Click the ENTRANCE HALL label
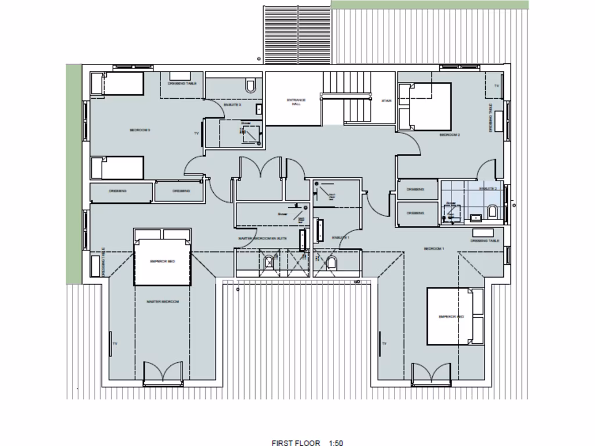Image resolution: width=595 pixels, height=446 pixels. [x=296, y=102]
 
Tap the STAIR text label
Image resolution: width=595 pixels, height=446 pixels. [x=386, y=100]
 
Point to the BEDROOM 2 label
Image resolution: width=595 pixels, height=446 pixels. [x=450, y=135]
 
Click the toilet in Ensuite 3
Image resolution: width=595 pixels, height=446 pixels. [x=250, y=87]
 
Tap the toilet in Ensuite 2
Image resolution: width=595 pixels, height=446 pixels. [x=493, y=212]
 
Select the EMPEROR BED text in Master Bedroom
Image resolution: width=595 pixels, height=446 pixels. [x=163, y=262]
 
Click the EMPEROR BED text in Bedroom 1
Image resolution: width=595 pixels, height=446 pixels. [x=451, y=316]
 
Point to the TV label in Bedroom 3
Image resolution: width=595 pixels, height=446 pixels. [x=196, y=133]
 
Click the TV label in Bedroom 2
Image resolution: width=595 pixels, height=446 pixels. [x=496, y=86]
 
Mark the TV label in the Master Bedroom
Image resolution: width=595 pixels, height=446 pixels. [x=115, y=344]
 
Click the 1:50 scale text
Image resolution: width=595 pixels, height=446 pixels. [x=335, y=443]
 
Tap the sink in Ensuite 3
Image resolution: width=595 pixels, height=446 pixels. [x=259, y=109]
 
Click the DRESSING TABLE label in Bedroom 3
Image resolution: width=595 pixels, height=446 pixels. [x=182, y=84]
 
